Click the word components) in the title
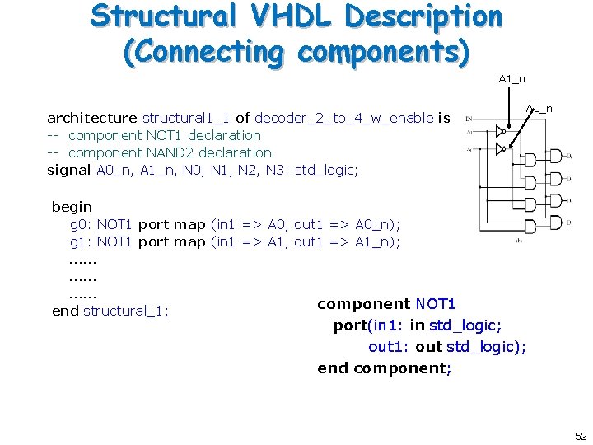click(x=384, y=52)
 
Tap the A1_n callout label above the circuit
click(x=511, y=79)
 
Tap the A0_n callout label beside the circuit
click(x=539, y=108)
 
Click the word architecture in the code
click(x=91, y=118)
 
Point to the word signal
click(x=68, y=170)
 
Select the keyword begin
click(x=72, y=207)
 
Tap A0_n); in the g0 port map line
click(x=378, y=224)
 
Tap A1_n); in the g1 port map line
click(x=378, y=241)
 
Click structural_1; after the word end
click(x=126, y=311)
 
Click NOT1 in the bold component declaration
click(x=436, y=304)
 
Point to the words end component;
click(x=384, y=368)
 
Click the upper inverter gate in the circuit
click(x=498, y=130)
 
